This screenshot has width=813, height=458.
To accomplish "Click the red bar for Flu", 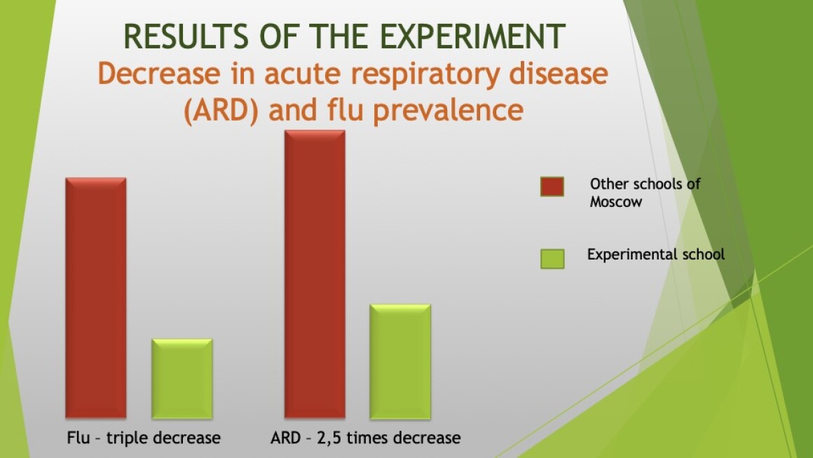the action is (96, 297).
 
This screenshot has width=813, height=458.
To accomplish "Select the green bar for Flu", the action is (182, 379).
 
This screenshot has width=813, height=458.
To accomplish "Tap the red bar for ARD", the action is (315, 274).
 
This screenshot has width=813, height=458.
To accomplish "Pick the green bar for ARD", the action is (400, 361).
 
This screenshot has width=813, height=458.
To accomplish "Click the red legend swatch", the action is (552, 187).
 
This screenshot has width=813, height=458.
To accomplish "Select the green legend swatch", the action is (552, 259).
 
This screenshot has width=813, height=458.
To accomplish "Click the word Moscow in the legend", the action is (615, 202).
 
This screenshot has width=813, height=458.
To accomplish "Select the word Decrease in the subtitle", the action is (158, 73).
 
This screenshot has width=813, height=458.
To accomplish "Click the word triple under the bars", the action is (127, 438).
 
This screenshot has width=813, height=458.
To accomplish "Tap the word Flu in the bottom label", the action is (78, 438).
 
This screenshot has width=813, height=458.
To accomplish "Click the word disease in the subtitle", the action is (559, 73).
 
